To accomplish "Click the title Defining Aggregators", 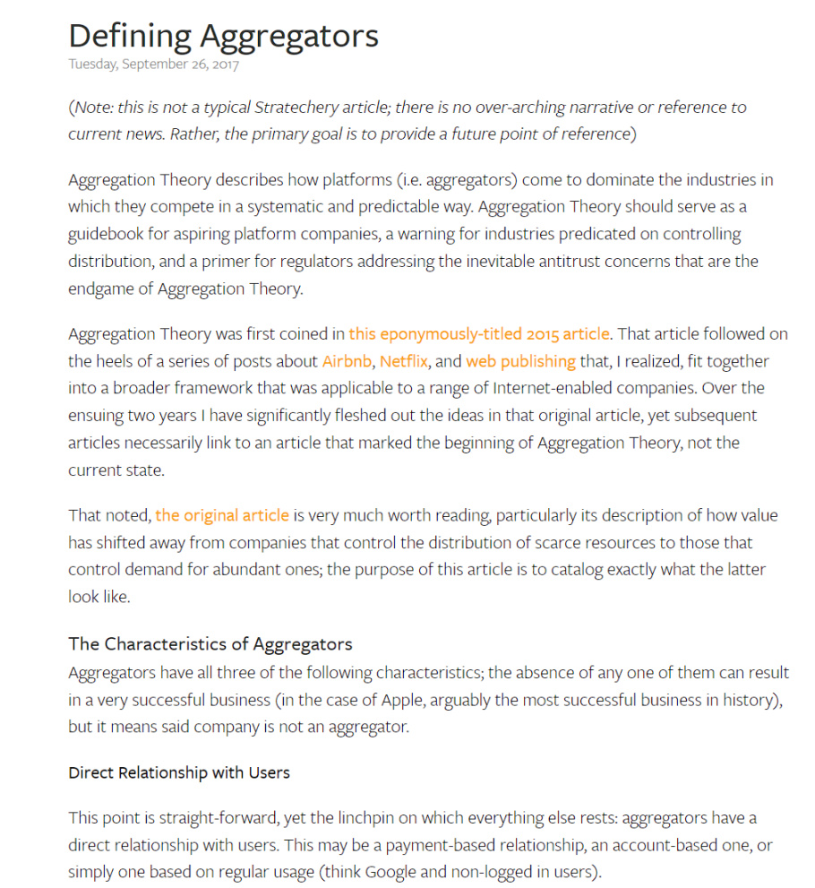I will tap(223, 36).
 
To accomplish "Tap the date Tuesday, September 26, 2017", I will tap(153, 65).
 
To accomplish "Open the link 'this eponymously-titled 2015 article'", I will tap(479, 334).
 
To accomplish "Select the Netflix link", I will tap(404, 362).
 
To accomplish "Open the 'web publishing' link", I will tap(520, 362).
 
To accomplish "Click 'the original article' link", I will tap(222, 515).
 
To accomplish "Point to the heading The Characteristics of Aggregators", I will tap(210, 644).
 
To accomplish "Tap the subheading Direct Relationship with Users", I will tap(179, 772).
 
